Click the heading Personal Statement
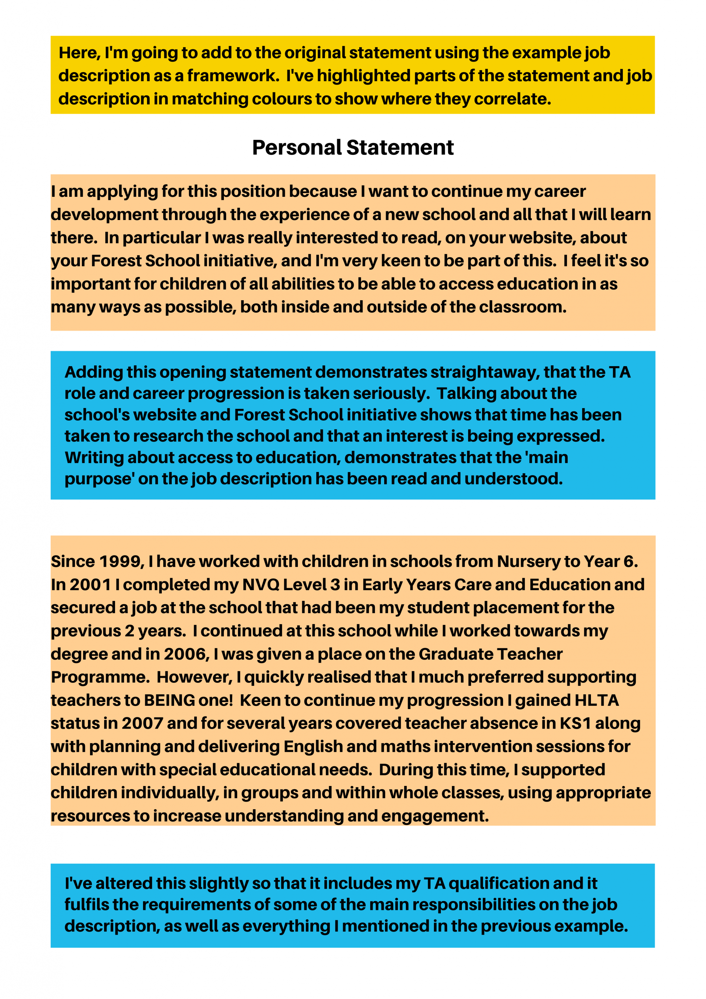(x=353, y=148)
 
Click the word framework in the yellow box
(x=233, y=76)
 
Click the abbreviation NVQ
(x=260, y=585)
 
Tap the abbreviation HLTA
(x=596, y=701)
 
